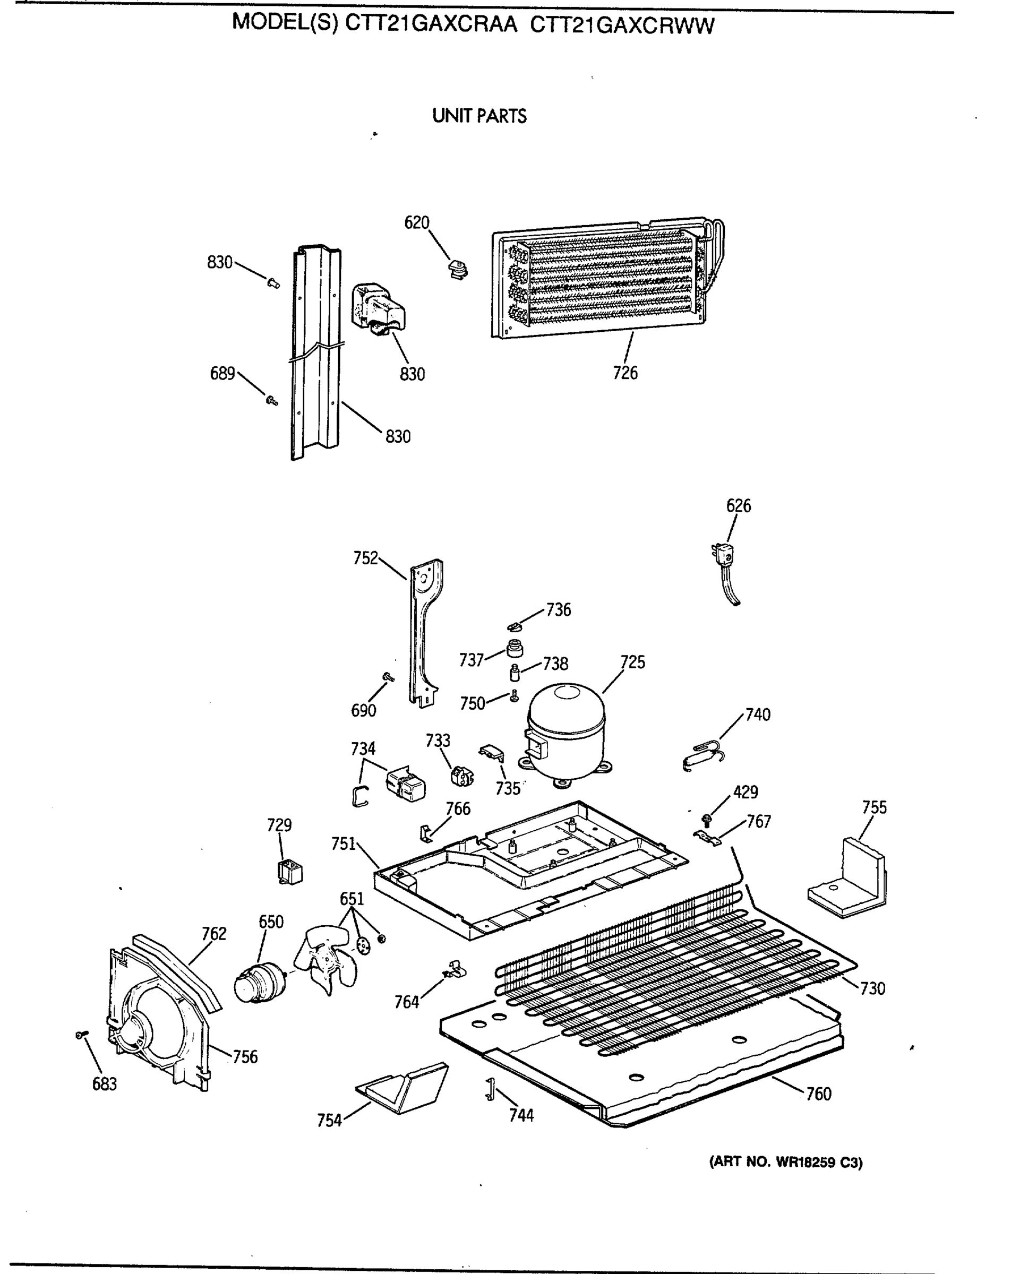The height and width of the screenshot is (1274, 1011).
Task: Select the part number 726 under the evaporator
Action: pyautogui.click(x=625, y=373)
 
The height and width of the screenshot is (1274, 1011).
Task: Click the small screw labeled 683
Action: pyautogui.click(x=82, y=1035)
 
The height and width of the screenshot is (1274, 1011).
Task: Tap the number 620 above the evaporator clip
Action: pyautogui.click(x=416, y=223)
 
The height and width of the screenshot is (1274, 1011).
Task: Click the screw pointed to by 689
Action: pyautogui.click(x=272, y=401)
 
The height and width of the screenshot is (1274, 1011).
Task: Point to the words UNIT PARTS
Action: pyautogui.click(x=479, y=116)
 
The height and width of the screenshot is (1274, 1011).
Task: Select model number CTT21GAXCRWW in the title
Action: pyautogui.click(x=622, y=25)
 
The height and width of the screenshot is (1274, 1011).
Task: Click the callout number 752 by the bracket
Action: pyautogui.click(x=365, y=558)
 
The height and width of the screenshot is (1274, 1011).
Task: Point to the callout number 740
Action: pyautogui.click(x=757, y=715)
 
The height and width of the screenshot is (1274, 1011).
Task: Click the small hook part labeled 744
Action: pyautogui.click(x=489, y=1089)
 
